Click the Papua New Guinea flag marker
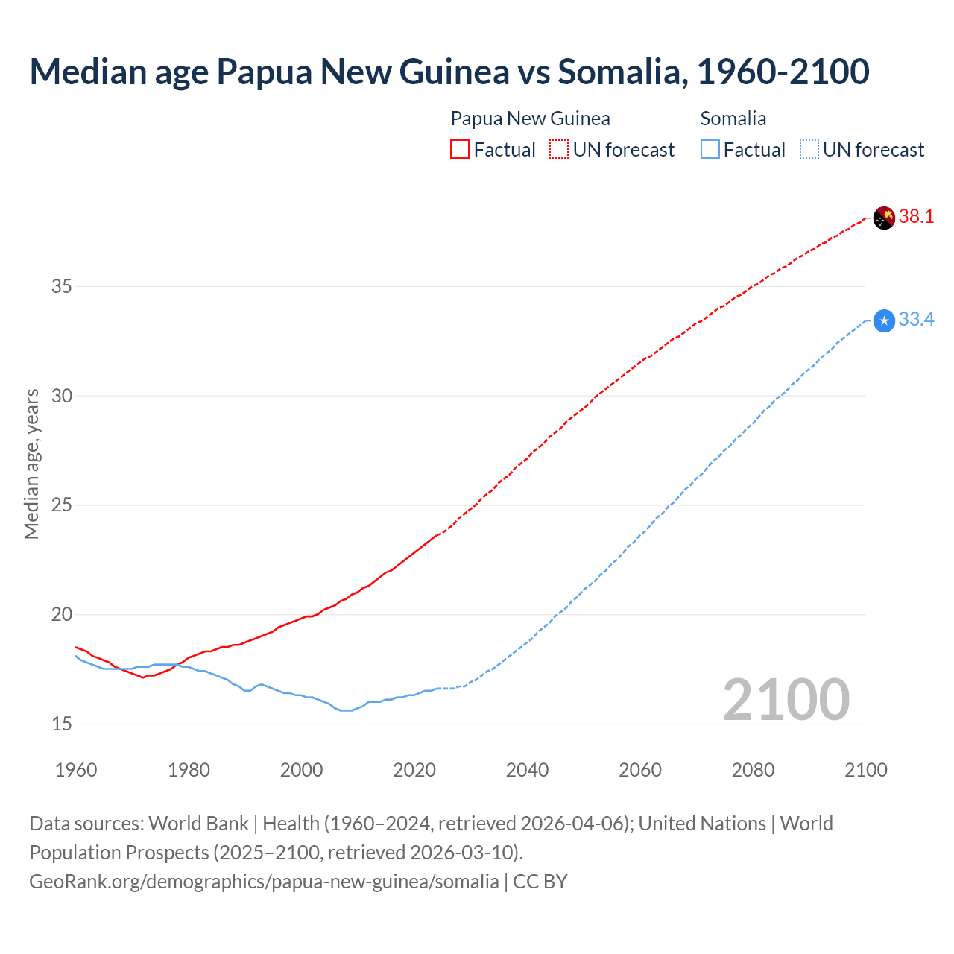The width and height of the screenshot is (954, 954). [884, 218]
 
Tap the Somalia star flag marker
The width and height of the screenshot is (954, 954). [884, 320]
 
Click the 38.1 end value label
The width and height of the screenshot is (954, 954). [916, 217]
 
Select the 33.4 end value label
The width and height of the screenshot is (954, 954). [916, 320]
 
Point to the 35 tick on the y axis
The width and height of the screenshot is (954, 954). [62, 286]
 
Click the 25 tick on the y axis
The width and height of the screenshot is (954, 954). [62, 505]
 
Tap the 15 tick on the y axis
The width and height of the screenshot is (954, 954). [62, 724]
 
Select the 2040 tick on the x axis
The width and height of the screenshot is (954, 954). [527, 770]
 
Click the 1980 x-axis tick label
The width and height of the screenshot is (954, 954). [189, 770]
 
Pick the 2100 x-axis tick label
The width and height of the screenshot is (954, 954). [865, 770]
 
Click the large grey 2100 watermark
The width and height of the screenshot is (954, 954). [786, 700]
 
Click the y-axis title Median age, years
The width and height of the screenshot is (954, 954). [31, 464]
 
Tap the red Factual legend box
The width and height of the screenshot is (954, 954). [460, 149]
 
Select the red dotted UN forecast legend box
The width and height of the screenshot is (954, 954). [559, 149]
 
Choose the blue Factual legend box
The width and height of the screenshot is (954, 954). [710, 149]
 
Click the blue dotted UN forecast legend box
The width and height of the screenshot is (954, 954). [809, 149]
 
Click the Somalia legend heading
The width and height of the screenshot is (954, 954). [733, 119]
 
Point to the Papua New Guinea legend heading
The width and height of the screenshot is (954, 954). [530, 119]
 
